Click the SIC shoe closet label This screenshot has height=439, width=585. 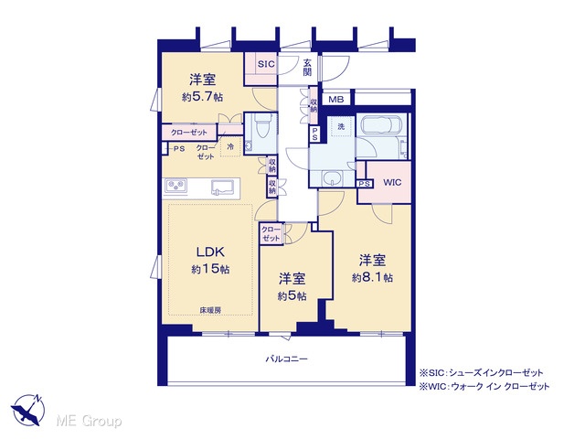point(266,64)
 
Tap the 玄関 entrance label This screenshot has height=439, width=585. point(307,67)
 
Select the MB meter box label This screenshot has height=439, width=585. point(335,100)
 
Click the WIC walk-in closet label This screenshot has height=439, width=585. point(392,183)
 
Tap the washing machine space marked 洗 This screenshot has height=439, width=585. point(341,126)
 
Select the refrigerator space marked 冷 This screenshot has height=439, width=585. point(230,146)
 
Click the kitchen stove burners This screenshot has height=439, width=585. point(175,186)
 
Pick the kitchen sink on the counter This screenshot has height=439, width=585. point(223,187)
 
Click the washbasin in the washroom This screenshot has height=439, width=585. point(332,177)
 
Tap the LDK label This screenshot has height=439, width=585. point(211,252)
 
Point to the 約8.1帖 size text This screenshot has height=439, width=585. point(372,278)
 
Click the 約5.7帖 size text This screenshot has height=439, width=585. point(203,98)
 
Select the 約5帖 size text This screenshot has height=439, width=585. point(292,296)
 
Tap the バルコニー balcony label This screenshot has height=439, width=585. point(287,359)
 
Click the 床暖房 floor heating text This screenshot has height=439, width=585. point(210,310)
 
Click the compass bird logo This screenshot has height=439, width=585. point(28,410)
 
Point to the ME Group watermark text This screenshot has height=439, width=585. point(89,422)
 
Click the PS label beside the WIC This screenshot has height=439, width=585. point(365,184)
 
